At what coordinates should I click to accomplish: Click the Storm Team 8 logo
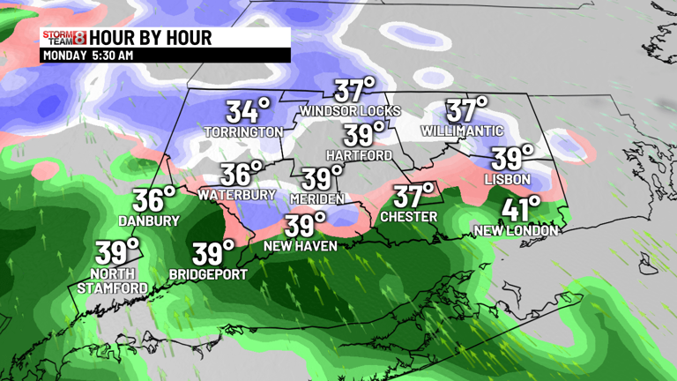click(63, 38)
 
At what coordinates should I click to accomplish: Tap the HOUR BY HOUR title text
click(151, 38)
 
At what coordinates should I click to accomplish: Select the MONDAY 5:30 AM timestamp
click(87, 55)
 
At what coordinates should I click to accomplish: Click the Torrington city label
click(243, 132)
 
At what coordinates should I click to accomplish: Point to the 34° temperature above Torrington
click(247, 111)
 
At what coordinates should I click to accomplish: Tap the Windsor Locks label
click(350, 111)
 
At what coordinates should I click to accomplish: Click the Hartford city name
click(359, 155)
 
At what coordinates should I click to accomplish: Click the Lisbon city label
click(508, 179)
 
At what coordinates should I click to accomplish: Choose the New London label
click(516, 231)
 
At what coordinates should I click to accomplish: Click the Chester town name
click(408, 217)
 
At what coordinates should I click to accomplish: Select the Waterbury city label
click(233, 194)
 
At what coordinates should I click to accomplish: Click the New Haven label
click(301, 246)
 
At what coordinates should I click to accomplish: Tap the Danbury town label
click(150, 220)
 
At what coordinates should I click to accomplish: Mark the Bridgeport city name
click(208, 274)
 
